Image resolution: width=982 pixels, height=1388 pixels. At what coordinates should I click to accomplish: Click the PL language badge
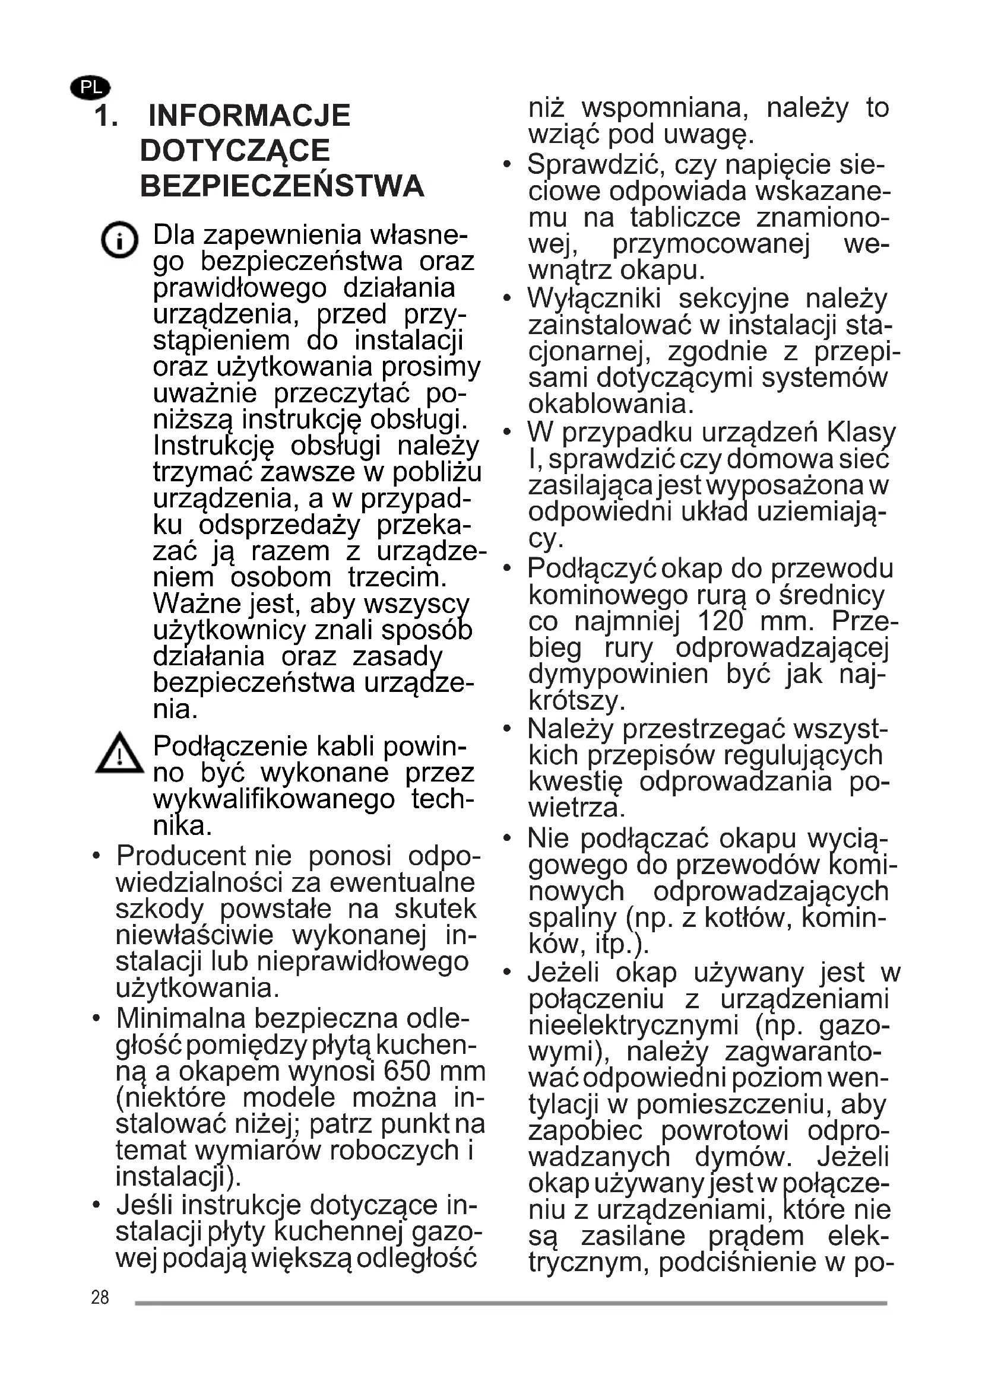pos(91,88)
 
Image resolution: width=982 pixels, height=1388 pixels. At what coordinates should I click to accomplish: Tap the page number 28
pos(100,1297)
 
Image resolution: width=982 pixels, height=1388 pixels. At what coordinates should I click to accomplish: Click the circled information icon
pos(120,240)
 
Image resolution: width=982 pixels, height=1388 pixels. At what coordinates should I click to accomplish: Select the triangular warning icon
pos(120,753)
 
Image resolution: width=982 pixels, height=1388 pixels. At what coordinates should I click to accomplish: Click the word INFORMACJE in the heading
pos(249,116)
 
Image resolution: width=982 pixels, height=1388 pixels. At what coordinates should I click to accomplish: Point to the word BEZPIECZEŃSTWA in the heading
pos(282,186)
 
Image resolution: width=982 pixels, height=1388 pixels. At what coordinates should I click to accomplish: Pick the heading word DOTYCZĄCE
pos(235,151)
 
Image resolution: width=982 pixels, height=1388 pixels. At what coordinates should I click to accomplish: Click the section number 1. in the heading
pos(106,116)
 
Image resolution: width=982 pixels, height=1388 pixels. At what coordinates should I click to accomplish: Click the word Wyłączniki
pos(594,298)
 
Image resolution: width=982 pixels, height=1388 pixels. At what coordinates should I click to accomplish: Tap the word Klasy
pos(861,433)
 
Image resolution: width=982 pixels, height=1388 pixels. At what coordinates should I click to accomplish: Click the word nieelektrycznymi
pos(633,1025)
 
